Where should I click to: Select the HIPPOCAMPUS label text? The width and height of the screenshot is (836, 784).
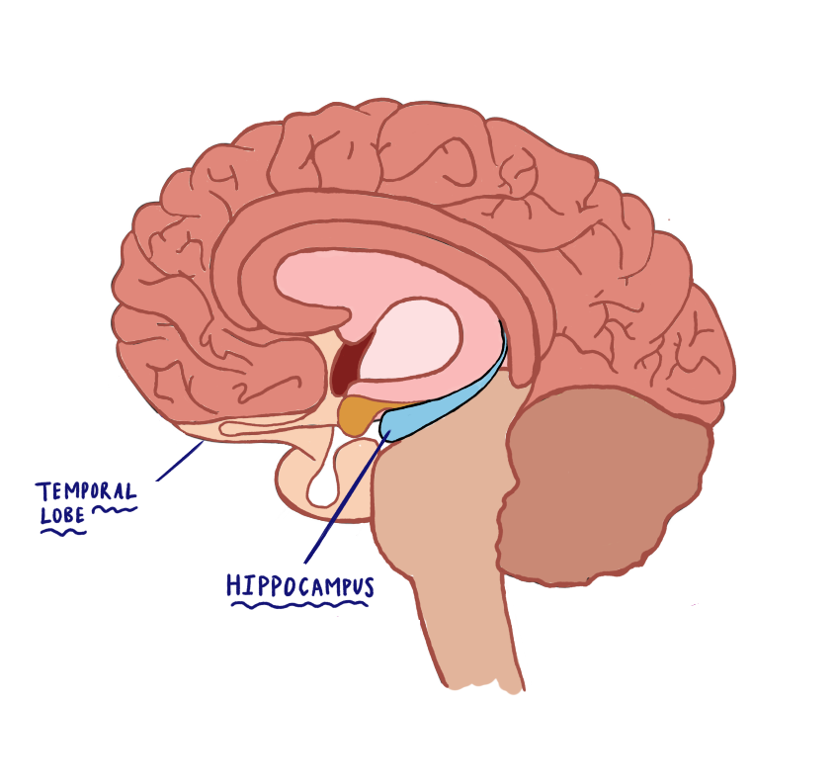[x=300, y=585]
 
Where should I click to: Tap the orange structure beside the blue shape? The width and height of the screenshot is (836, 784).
[x=359, y=414]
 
